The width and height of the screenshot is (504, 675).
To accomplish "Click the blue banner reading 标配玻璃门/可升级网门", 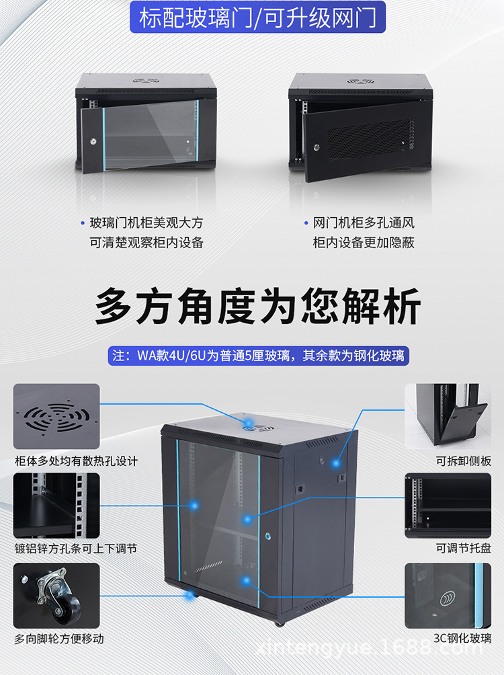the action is pyautogui.click(x=257, y=18).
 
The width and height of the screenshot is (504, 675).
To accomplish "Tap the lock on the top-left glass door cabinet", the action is pyautogui.click(x=94, y=142).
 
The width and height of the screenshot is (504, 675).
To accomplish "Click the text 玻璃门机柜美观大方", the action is pyautogui.click(x=146, y=223).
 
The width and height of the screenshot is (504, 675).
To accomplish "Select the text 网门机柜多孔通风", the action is pyautogui.click(x=364, y=223).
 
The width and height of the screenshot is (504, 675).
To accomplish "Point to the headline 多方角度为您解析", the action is pyautogui.click(x=257, y=307).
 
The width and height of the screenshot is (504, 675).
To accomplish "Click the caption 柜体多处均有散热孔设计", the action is pyautogui.click(x=76, y=461).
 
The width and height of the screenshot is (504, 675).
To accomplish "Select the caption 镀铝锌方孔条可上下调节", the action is pyautogui.click(x=76, y=549).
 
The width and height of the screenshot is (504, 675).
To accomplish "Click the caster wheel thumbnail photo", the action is pyautogui.click(x=56, y=595).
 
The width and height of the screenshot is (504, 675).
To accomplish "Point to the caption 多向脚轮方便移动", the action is pyautogui.click(x=59, y=639).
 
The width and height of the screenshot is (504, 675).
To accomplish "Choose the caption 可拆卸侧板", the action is pyautogui.click(x=464, y=461).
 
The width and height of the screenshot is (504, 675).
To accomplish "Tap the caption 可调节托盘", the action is pyautogui.click(x=464, y=549).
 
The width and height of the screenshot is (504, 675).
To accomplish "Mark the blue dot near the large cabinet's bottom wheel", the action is pyautogui.click(x=189, y=595).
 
